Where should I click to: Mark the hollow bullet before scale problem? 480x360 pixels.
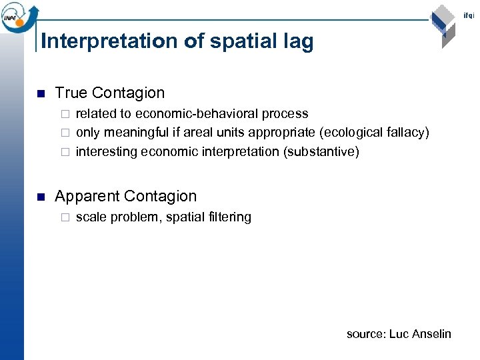click(65, 217)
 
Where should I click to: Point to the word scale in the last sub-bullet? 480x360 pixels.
click(91, 217)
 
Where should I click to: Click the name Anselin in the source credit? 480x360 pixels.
click(431, 333)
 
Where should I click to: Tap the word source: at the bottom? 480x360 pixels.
click(365, 333)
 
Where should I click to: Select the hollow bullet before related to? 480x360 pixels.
click(65, 115)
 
